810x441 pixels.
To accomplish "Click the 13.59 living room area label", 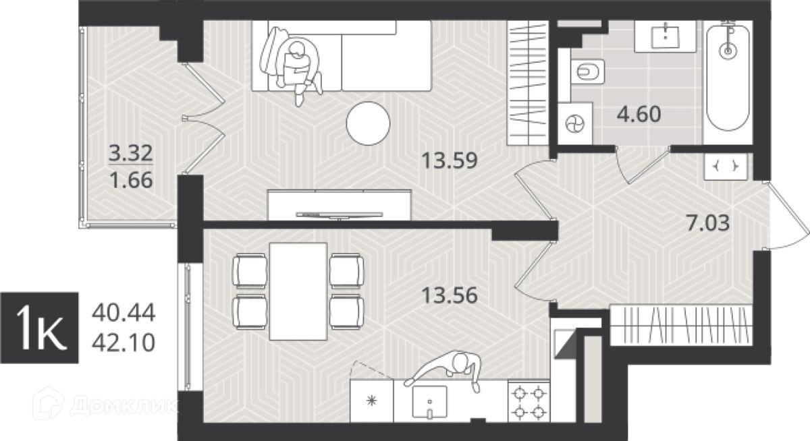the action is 450,160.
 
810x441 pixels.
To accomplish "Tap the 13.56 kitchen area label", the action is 450,295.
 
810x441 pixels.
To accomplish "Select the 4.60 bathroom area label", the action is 639,114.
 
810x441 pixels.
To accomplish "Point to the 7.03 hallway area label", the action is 708,223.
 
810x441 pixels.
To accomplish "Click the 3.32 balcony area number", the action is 131,153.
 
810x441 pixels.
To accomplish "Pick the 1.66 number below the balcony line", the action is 131,180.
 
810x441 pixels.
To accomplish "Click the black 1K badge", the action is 39,328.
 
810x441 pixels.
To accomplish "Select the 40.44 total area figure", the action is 124,313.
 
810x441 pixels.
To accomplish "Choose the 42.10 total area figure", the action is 124,343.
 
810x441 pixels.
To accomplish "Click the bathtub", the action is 728,77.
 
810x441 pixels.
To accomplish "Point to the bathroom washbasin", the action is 666,36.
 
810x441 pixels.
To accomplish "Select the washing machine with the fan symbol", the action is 575,123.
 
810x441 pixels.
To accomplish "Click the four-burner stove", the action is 529,401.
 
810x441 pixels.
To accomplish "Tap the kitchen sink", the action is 430,402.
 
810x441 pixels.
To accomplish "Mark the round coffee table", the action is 368,123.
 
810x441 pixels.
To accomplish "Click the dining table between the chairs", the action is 298,291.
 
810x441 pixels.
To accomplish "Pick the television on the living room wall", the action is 339,215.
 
